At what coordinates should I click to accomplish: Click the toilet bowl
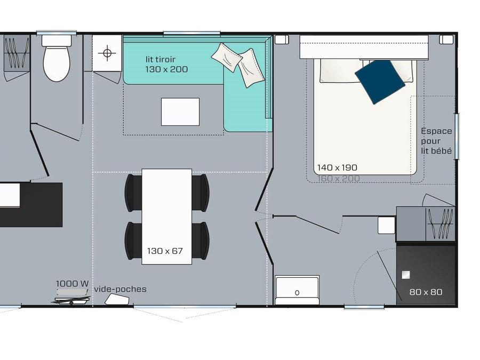click(x=57, y=63)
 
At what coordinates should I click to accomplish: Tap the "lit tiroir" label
click(x=161, y=59)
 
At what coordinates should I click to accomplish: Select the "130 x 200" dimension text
click(x=166, y=69)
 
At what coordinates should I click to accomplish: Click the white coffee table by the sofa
click(x=180, y=112)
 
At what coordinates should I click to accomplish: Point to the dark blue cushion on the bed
click(x=380, y=82)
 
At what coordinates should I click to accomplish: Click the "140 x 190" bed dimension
click(x=337, y=168)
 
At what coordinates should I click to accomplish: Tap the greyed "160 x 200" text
click(x=338, y=179)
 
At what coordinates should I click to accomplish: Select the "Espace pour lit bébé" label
click(x=436, y=141)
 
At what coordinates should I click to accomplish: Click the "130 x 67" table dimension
click(x=165, y=251)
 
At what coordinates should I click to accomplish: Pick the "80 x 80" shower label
click(x=426, y=292)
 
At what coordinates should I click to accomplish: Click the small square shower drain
click(x=406, y=275)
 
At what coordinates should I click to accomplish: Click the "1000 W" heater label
click(x=72, y=284)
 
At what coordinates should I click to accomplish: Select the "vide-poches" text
click(x=120, y=289)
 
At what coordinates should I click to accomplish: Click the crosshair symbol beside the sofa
click(x=107, y=53)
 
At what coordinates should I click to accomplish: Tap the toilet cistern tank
click(x=57, y=41)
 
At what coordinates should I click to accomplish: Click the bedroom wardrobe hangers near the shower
click(x=440, y=224)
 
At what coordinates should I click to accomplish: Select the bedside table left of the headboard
click(x=282, y=40)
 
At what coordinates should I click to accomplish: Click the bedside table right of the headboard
click(x=446, y=39)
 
